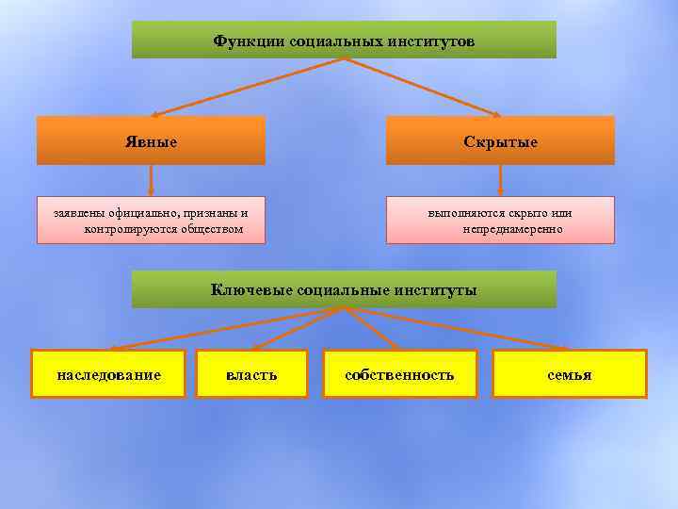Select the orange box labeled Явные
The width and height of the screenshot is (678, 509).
(151, 141)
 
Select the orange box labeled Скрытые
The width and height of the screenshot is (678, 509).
(500, 141)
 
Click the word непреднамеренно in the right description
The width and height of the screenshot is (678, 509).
(512, 229)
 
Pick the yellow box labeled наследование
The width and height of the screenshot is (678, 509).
(108, 375)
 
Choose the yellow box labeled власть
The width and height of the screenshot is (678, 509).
(251, 375)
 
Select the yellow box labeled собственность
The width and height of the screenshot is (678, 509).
(399, 375)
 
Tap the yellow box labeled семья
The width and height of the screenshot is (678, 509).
(570, 375)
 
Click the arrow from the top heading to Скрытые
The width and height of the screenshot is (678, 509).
(424, 85)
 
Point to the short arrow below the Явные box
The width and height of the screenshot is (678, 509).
(151, 180)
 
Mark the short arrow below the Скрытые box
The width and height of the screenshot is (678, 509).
(500, 180)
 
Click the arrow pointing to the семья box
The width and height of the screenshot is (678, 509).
(461, 328)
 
